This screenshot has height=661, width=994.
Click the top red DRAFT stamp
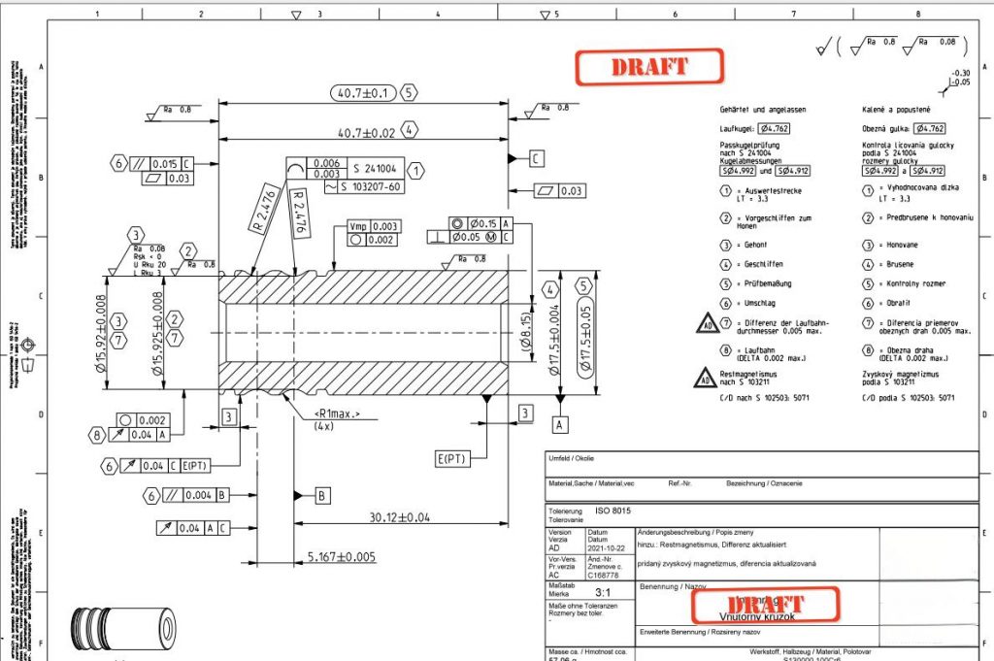(x=649, y=67)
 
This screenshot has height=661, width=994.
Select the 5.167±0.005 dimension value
(x=341, y=556)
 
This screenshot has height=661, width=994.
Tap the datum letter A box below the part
(x=560, y=424)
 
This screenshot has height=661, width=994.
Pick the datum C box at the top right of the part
(x=537, y=157)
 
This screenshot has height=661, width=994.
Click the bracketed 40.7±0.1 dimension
(x=361, y=93)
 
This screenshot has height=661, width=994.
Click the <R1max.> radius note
(x=336, y=414)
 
